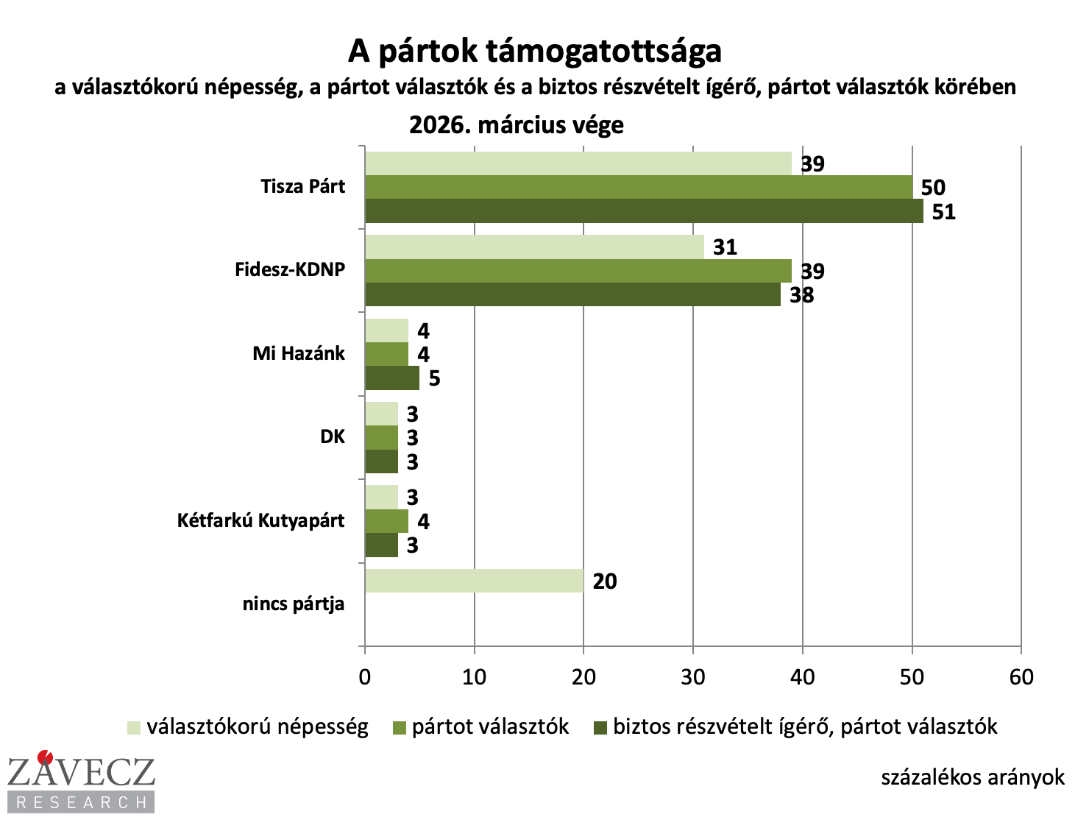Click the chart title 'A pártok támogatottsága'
pyautogui.click(x=535, y=52)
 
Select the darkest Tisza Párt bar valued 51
pyautogui.click(x=644, y=211)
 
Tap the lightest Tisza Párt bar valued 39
pyautogui.click(x=578, y=163)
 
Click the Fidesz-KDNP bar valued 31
pyautogui.click(x=534, y=247)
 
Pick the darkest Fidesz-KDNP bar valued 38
pyautogui.click(x=572, y=294)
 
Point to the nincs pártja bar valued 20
pyautogui.click(x=474, y=581)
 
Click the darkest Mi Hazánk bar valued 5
pyautogui.click(x=392, y=378)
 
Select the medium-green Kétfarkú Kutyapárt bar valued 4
pyautogui.click(x=386, y=521)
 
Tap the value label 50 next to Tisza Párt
pyautogui.click(x=932, y=188)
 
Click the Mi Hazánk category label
pyautogui.click(x=298, y=354)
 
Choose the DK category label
pyautogui.click(x=333, y=437)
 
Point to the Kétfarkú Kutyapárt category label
pyautogui.click(x=260, y=521)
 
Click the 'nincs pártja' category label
pyautogui.click(x=293, y=605)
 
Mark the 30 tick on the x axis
pyautogui.click(x=693, y=677)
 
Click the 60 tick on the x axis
pyautogui.click(x=1021, y=677)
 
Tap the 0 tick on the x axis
pyautogui.click(x=365, y=677)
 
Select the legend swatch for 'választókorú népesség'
pyautogui.click(x=133, y=727)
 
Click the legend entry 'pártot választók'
pyautogui.click(x=490, y=727)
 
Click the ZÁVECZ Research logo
pyautogui.click(x=81, y=781)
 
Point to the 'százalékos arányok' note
pyautogui.click(x=973, y=778)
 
